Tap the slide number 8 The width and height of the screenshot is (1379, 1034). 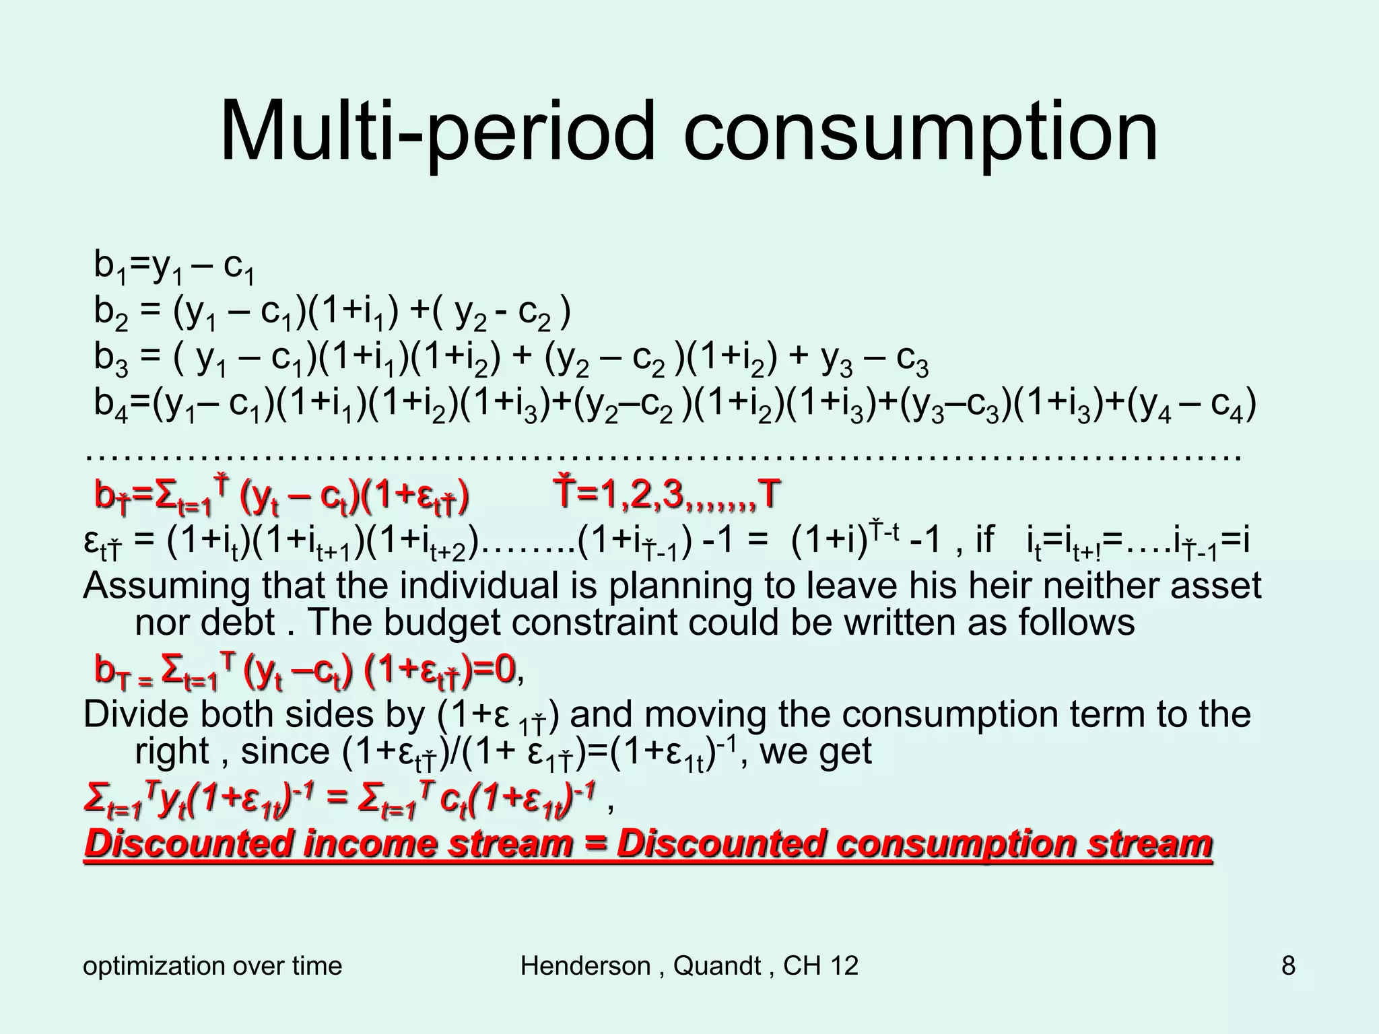pos(1287,966)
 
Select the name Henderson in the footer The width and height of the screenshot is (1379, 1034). pos(584,966)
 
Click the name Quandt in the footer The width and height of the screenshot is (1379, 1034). pos(717,966)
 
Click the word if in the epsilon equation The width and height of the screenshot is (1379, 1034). pos(984,540)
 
